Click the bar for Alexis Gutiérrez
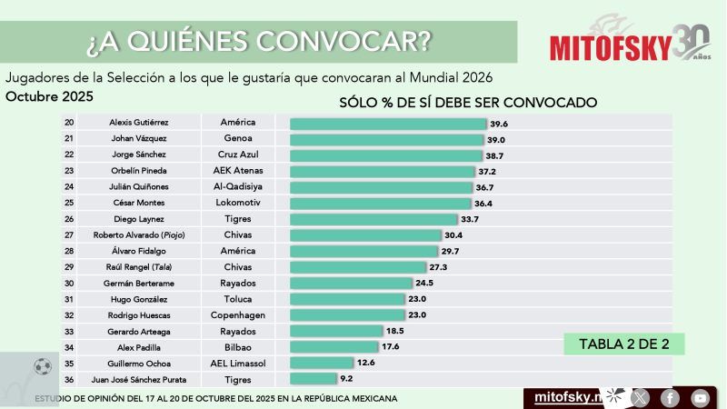tap(388, 123)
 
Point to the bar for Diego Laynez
tap(373, 219)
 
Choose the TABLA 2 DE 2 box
tap(623, 344)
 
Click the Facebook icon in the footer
tap(670, 397)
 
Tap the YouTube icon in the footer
tap(700, 397)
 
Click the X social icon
tap(640, 397)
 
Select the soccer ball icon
tap(42, 366)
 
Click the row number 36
tap(69, 379)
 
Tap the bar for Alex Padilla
tap(334, 347)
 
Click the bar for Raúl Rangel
tap(357, 267)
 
